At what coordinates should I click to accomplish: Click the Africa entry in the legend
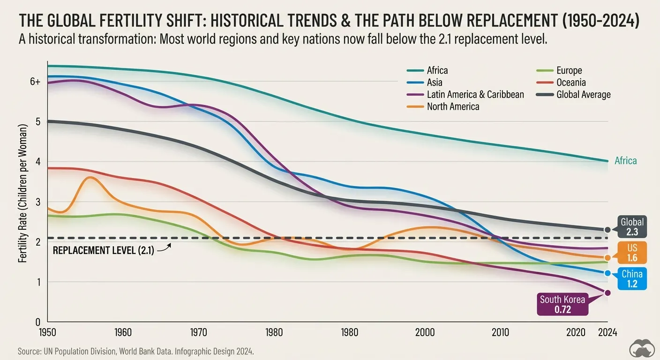437,71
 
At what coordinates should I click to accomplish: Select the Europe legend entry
569,71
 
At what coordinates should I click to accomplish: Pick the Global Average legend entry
583,95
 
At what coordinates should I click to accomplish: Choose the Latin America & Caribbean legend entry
475,95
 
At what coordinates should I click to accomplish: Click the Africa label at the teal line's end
625,161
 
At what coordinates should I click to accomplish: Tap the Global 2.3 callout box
632,227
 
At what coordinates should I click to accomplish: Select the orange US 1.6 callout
632,252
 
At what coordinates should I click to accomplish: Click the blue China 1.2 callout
632,278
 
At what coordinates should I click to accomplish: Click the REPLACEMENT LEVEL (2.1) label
103,250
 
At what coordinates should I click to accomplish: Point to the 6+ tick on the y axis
35,82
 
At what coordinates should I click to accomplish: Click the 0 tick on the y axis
38,322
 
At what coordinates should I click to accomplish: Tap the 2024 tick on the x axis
607,332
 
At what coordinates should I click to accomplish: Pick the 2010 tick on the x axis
500,332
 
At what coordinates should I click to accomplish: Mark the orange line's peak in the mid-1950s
91,177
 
